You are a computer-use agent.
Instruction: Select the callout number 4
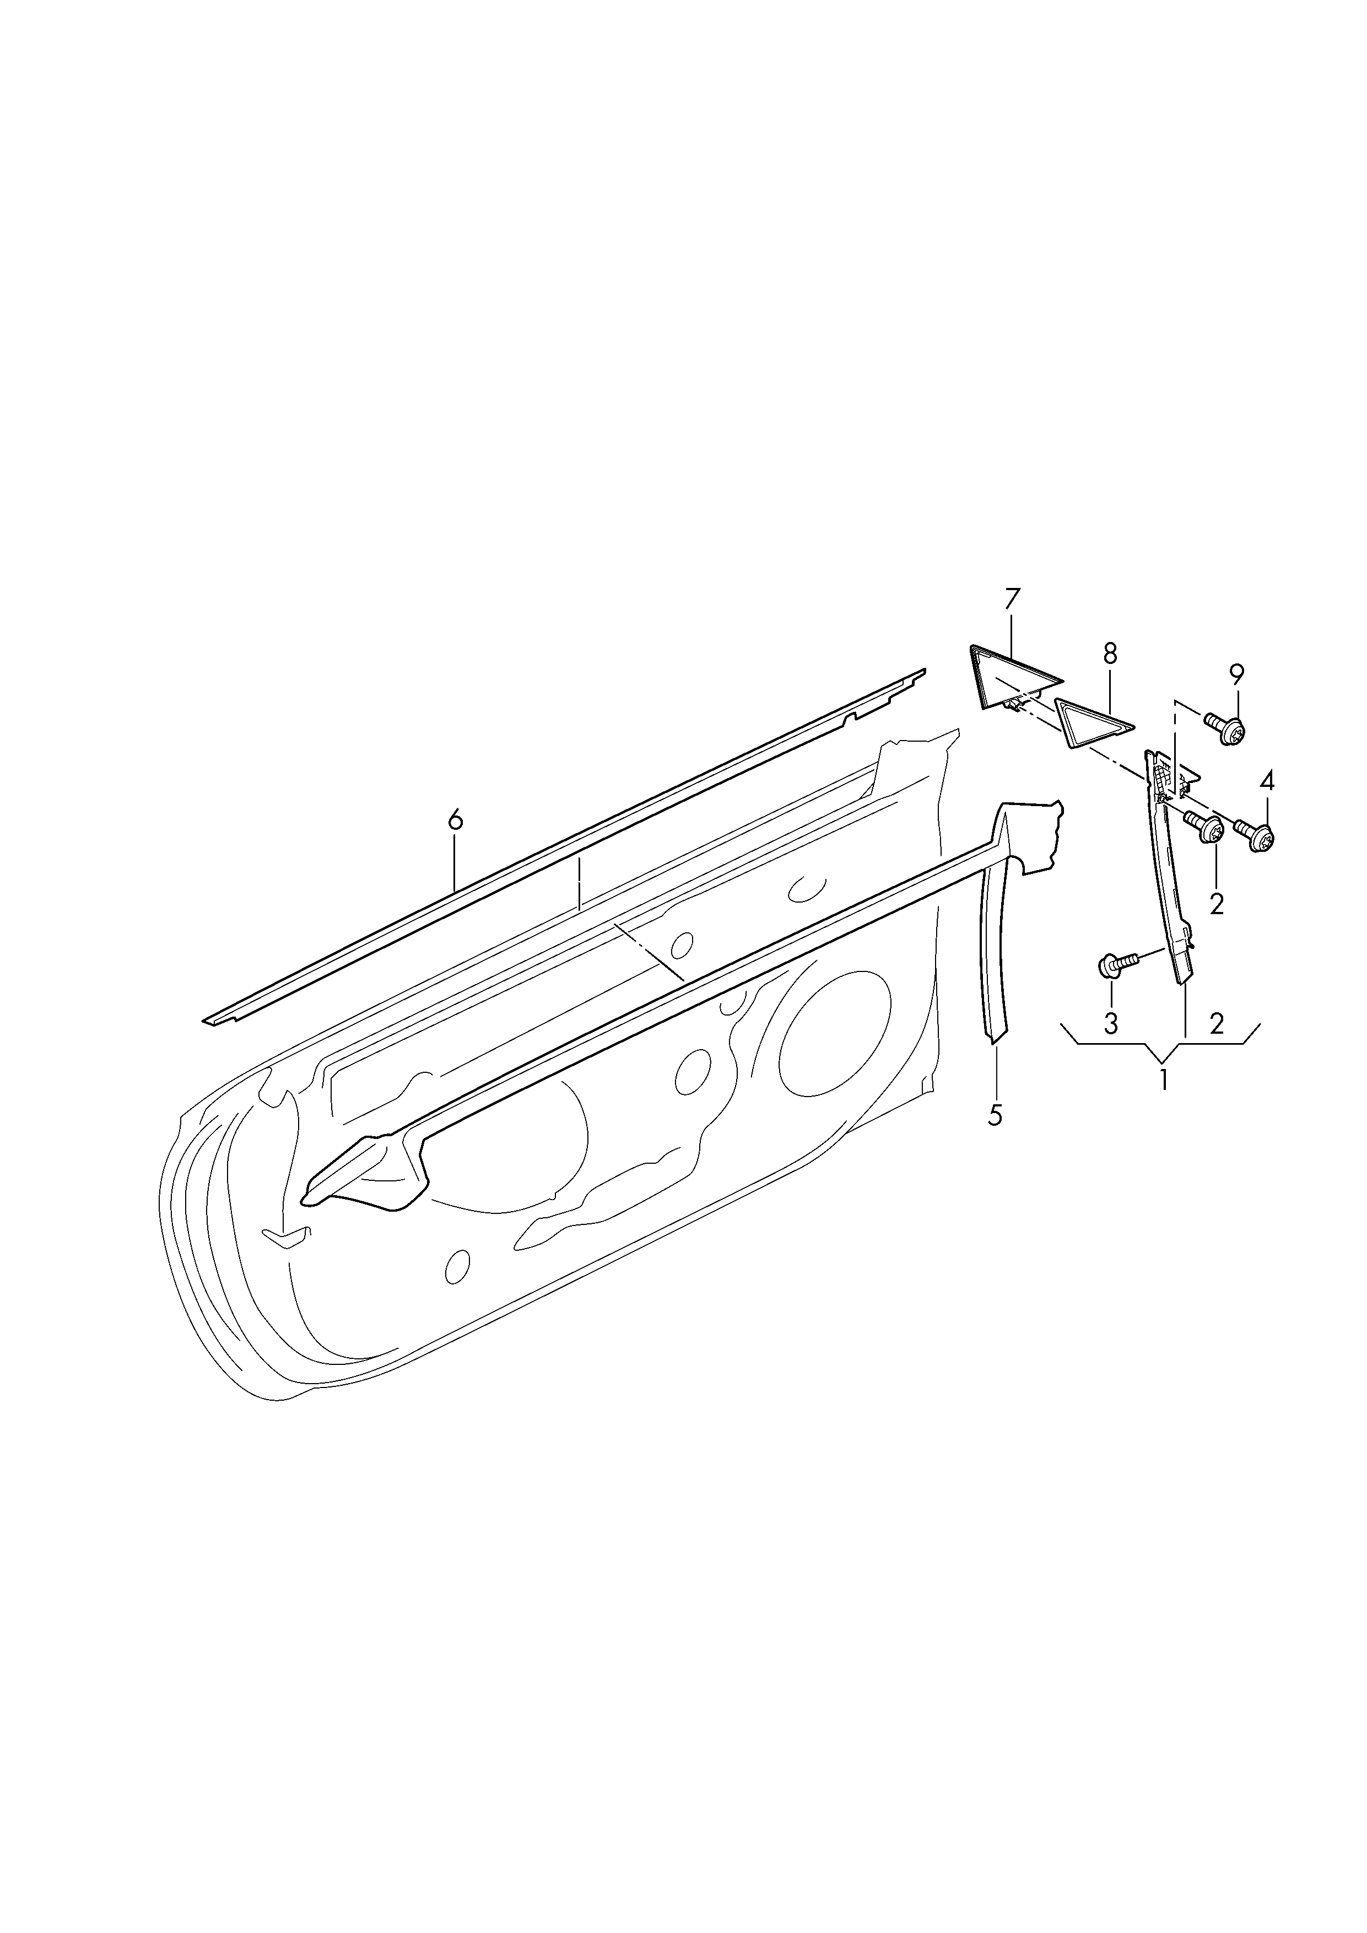click(1266, 781)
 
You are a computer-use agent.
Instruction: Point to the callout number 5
click(995, 1115)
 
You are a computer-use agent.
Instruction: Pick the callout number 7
click(1012, 600)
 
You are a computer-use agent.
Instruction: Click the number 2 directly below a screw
click(1217, 904)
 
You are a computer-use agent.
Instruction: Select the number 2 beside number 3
click(1217, 1024)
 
